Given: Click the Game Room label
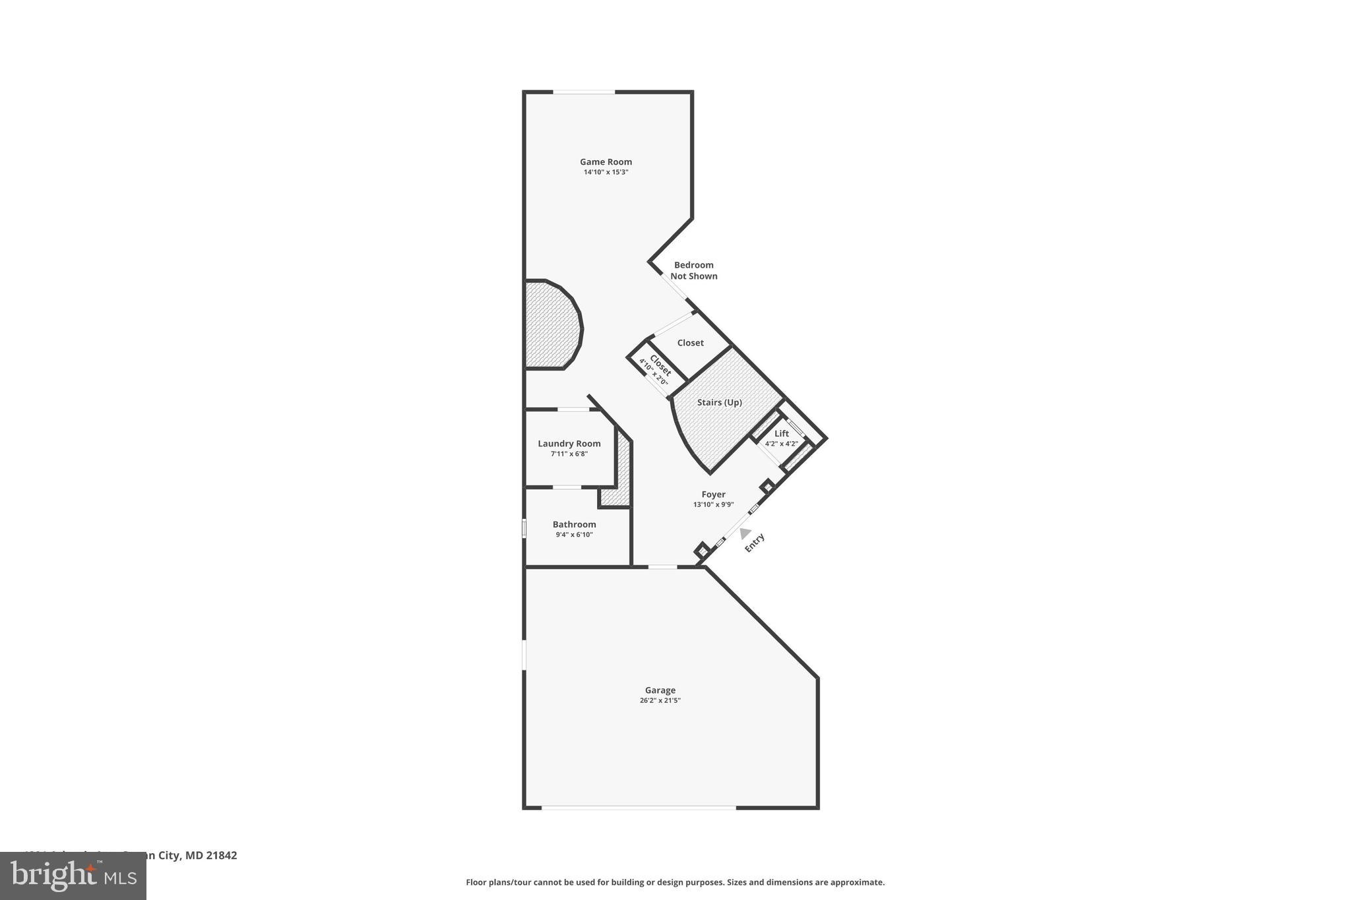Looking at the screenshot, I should pyautogui.click(x=606, y=162).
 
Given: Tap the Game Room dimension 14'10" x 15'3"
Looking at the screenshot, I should pyautogui.click(x=606, y=172).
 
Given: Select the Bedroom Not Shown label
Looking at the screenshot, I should pyautogui.click(x=693, y=270).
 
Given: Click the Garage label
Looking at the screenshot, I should pyautogui.click(x=660, y=690).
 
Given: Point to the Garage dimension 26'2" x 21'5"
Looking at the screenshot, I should pyautogui.click(x=660, y=700).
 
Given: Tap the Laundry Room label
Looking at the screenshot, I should pyautogui.click(x=569, y=444).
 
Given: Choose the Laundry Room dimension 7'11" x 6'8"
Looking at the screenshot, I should pyautogui.click(x=569, y=454).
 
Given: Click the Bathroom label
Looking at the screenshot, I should pyautogui.click(x=574, y=525).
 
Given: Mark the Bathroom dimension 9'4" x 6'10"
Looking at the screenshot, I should pyautogui.click(x=574, y=535).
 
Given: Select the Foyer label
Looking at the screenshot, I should pyautogui.click(x=713, y=495).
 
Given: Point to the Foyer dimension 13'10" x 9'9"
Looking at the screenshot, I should pyautogui.click(x=713, y=504).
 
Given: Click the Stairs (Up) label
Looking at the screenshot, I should pyautogui.click(x=719, y=402).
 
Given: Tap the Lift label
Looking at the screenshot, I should pyautogui.click(x=781, y=433).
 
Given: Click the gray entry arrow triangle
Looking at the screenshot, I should pyautogui.click(x=745, y=533).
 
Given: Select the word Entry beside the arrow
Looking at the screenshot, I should pyautogui.click(x=755, y=543).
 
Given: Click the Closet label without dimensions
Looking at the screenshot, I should pyautogui.click(x=690, y=343).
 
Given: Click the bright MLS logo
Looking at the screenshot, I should pyautogui.click(x=73, y=876).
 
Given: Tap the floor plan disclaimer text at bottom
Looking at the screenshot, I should pyautogui.click(x=675, y=882).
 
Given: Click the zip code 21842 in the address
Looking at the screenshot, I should pyautogui.click(x=221, y=855).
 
